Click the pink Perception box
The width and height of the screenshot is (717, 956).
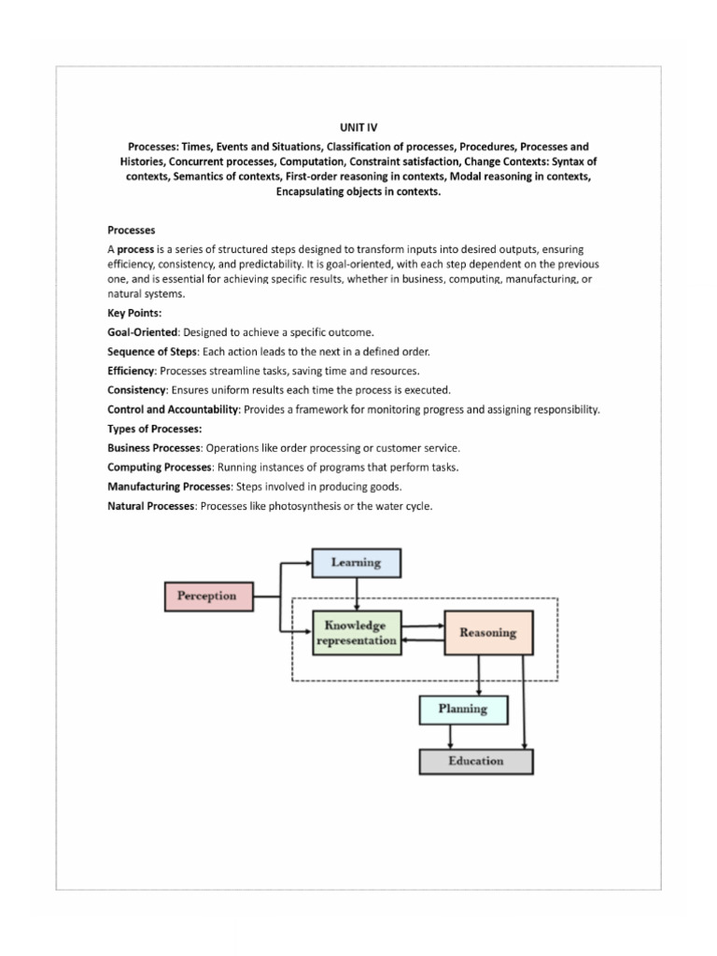click(x=207, y=596)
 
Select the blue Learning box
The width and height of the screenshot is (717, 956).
click(x=356, y=563)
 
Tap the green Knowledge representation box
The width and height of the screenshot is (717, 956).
click(x=356, y=632)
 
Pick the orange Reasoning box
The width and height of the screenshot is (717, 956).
click(x=487, y=632)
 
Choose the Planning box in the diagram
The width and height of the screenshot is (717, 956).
click(x=464, y=709)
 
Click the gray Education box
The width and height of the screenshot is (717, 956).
click(x=475, y=761)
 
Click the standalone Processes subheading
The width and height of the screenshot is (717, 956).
click(x=132, y=230)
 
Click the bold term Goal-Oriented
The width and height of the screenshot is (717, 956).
click(x=142, y=332)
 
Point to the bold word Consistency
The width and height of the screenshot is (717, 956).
click(x=135, y=389)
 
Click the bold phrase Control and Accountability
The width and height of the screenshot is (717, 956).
click(x=174, y=410)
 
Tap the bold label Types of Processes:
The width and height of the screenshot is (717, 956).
click(x=155, y=429)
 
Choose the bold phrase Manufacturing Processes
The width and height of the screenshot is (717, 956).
click(x=169, y=486)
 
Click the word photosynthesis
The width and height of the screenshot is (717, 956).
click(x=323, y=506)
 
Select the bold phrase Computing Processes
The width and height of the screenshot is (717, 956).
click(x=161, y=467)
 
